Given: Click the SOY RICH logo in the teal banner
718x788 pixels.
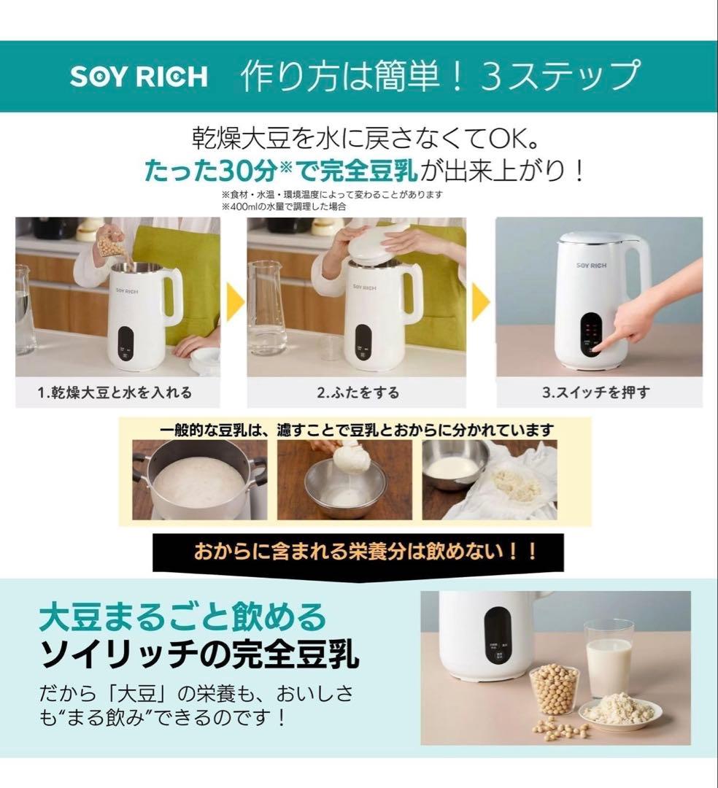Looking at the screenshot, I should tap(139, 77).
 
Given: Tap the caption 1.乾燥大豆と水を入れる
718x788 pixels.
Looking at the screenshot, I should tap(115, 393).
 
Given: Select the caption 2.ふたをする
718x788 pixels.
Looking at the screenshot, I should tap(358, 393).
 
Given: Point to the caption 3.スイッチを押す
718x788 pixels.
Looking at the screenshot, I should tap(596, 393).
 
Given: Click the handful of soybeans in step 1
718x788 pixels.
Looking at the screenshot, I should tap(111, 244).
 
